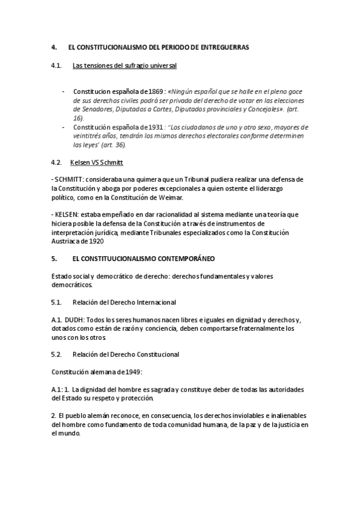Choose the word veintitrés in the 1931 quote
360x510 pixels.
(x=88, y=137)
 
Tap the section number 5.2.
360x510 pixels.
(x=57, y=354)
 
